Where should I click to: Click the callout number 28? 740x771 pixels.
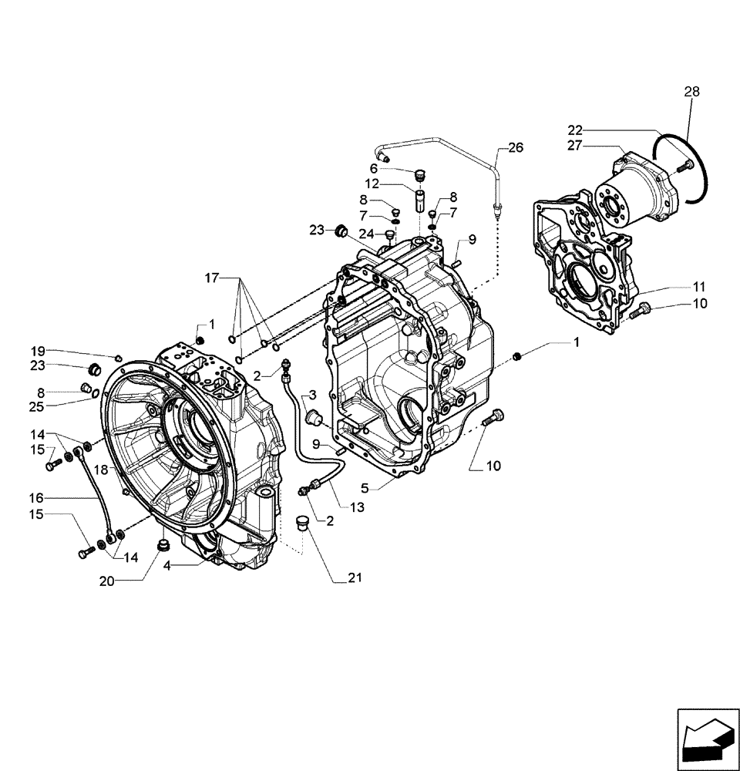coord(691,92)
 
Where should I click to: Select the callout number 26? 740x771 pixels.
coord(515,147)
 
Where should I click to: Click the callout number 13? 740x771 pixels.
coord(357,507)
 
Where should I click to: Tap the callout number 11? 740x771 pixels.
coord(698,286)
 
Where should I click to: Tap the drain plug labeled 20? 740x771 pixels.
coord(163,547)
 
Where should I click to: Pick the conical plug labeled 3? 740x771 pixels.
coord(314,417)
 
